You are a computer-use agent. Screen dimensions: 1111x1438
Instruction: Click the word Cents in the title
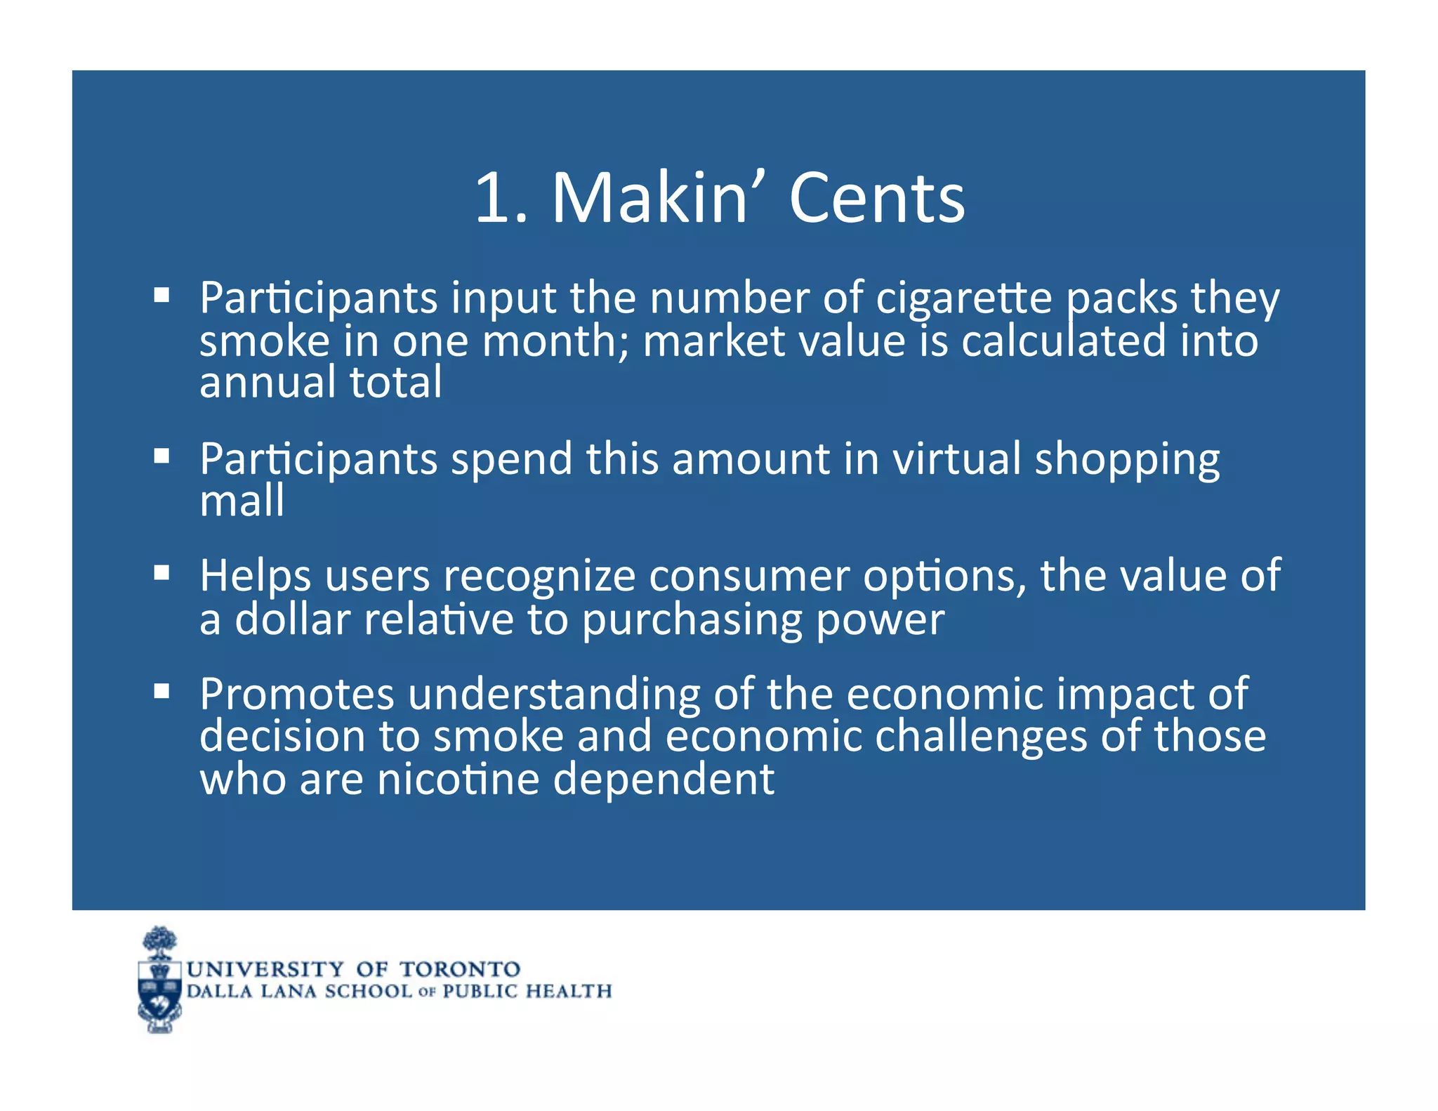(877, 199)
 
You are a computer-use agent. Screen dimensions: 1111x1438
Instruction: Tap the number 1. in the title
(501, 199)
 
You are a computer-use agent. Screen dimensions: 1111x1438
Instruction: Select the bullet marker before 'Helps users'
(162, 572)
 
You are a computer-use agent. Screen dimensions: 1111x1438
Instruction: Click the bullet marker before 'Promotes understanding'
(162, 691)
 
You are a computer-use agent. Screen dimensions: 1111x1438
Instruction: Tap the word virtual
(956, 459)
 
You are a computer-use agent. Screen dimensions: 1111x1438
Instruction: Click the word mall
(242, 501)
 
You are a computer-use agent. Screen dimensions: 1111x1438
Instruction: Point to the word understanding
(554, 695)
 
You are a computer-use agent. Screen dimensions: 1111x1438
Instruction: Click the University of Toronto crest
(160, 980)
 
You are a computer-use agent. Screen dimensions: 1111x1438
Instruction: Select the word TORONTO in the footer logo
(460, 969)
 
